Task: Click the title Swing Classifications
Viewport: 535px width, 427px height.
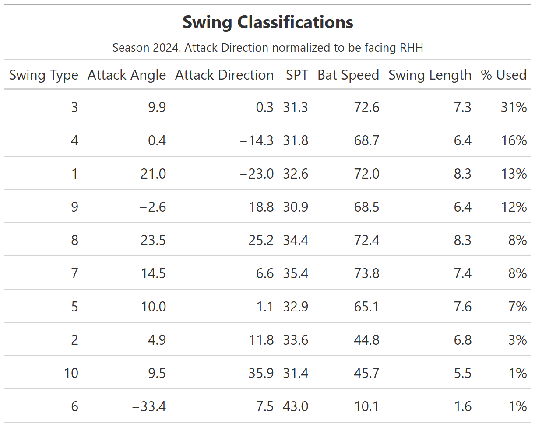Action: click(x=268, y=22)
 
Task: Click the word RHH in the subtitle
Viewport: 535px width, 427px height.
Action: click(x=411, y=48)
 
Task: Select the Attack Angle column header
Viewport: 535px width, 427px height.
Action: click(x=127, y=75)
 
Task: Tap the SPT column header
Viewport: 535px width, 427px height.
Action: click(x=297, y=75)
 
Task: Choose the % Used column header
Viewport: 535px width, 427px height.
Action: click(x=503, y=75)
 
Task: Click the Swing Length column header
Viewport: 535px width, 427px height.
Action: click(x=430, y=75)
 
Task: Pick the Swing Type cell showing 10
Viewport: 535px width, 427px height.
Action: click(x=71, y=373)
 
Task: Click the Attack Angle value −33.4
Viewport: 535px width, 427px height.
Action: click(x=149, y=406)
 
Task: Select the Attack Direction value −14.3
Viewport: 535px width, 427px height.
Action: click(x=257, y=140)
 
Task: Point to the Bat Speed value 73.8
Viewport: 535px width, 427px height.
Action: click(x=367, y=273)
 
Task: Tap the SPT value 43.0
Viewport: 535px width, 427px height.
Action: click(x=296, y=406)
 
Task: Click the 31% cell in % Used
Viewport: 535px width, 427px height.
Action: click(x=514, y=107)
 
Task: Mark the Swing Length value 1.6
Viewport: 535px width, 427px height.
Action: click(x=463, y=406)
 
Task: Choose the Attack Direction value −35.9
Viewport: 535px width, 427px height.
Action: click(x=257, y=373)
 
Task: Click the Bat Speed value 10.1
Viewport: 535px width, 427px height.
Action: click(x=367, y=406)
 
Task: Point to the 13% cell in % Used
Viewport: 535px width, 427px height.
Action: click(x=514, y=174)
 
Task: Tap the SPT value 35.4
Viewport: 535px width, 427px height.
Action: click(x=296, y=273)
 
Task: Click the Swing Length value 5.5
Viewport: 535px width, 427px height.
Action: click(x=463, y=373)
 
